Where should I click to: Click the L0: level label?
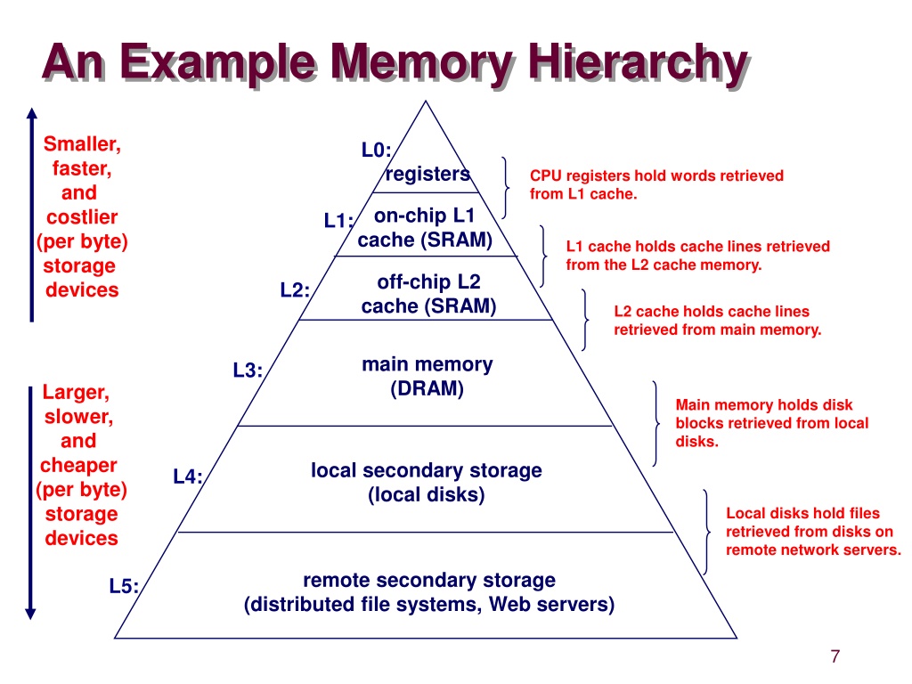[x=377, y=150]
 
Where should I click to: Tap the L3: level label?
[x=248, y=370]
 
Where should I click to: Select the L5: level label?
[x=124, y=586]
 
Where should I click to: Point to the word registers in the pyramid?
[x=427, y=174]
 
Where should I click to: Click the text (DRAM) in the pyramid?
[x=427, y=388]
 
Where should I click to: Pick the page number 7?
[x=835, y=656]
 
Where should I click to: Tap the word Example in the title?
[x=218, y=63]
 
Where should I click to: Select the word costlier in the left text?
[x=82, y=217]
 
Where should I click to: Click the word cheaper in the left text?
[x=78, y=465]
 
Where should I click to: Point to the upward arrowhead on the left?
[x=32, y=113]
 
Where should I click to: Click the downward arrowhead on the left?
[x=31, y=614]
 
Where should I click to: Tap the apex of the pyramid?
[x=425, y=102]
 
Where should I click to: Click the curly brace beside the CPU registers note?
[x=507, y=187]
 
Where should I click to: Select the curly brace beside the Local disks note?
[x=707, y=533]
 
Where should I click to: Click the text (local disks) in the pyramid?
[x=427, y=495]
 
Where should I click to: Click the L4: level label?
[x=188, y=477]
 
